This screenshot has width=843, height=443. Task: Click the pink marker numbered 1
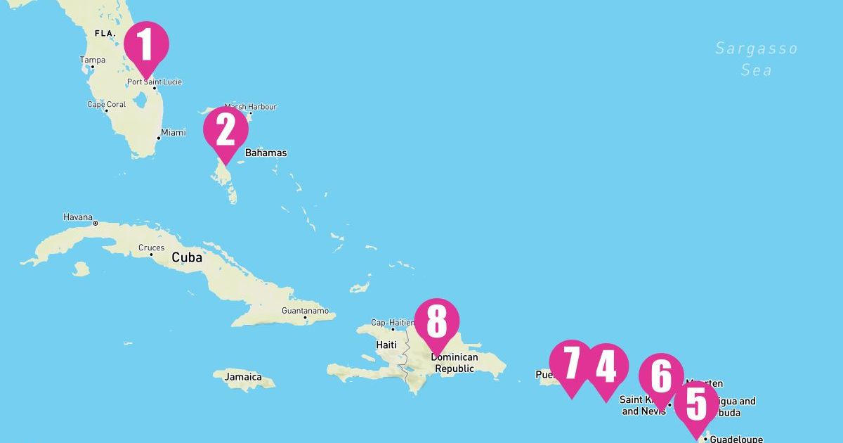[146, 44]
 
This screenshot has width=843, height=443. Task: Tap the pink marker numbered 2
[226, 130]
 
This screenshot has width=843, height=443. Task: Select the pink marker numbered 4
[606, 366]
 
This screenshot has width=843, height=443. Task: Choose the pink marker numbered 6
[661, 376]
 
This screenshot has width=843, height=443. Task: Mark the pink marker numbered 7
[572, 364]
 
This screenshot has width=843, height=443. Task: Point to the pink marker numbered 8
[436, 322]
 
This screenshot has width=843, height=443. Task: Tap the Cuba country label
[187, 257]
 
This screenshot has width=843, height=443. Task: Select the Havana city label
[77, 217]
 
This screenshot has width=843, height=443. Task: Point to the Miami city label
[173, 132]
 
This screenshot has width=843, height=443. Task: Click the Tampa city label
[92, 60]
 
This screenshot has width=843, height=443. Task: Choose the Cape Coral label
[106, 105]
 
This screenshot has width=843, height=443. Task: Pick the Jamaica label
[243, 377]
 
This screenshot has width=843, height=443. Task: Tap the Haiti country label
[387, 345]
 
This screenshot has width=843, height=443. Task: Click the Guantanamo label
[305, 311]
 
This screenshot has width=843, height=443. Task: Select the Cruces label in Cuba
[151, 248]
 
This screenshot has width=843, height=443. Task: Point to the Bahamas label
[266, 153]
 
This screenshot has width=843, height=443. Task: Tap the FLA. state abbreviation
[105, 33]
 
